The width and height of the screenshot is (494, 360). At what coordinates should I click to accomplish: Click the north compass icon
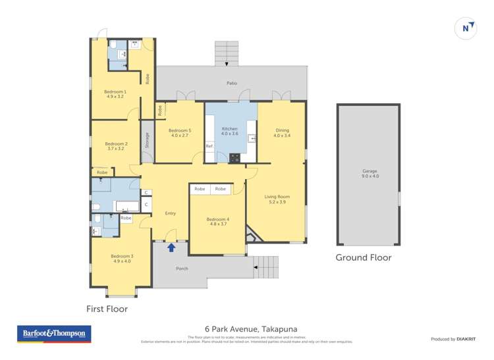click(x=466, y=28)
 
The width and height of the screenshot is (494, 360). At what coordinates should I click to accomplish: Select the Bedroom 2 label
click(x=116, y=146)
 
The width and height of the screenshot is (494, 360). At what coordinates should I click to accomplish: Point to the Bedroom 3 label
click(x=121, y=259)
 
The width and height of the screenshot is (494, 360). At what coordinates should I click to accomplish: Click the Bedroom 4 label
click(x=217, y=221)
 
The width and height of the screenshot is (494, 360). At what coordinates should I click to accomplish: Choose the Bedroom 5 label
click(x=179, y=133)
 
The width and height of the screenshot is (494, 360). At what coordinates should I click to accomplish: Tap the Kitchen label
click(x=229, y=131)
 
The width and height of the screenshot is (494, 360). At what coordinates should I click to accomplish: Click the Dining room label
click(x=281, y=133)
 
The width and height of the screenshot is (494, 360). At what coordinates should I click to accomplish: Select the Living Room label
click(x=277, y=199)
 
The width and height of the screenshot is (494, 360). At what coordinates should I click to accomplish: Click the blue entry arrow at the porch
click(x=171, y=247)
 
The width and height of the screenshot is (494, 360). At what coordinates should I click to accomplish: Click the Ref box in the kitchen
click(x=209, y=145)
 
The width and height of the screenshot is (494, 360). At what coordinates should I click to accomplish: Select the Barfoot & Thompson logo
click(x=54, y=334)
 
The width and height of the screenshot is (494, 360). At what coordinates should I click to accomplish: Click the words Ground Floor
click(x=364, y=257)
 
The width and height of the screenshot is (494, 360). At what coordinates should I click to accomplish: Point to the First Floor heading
click(x=107, y=308)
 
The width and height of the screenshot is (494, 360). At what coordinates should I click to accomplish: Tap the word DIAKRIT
click(x=466, y=339)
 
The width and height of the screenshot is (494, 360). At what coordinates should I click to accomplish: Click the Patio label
click(x=231, y=84)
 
